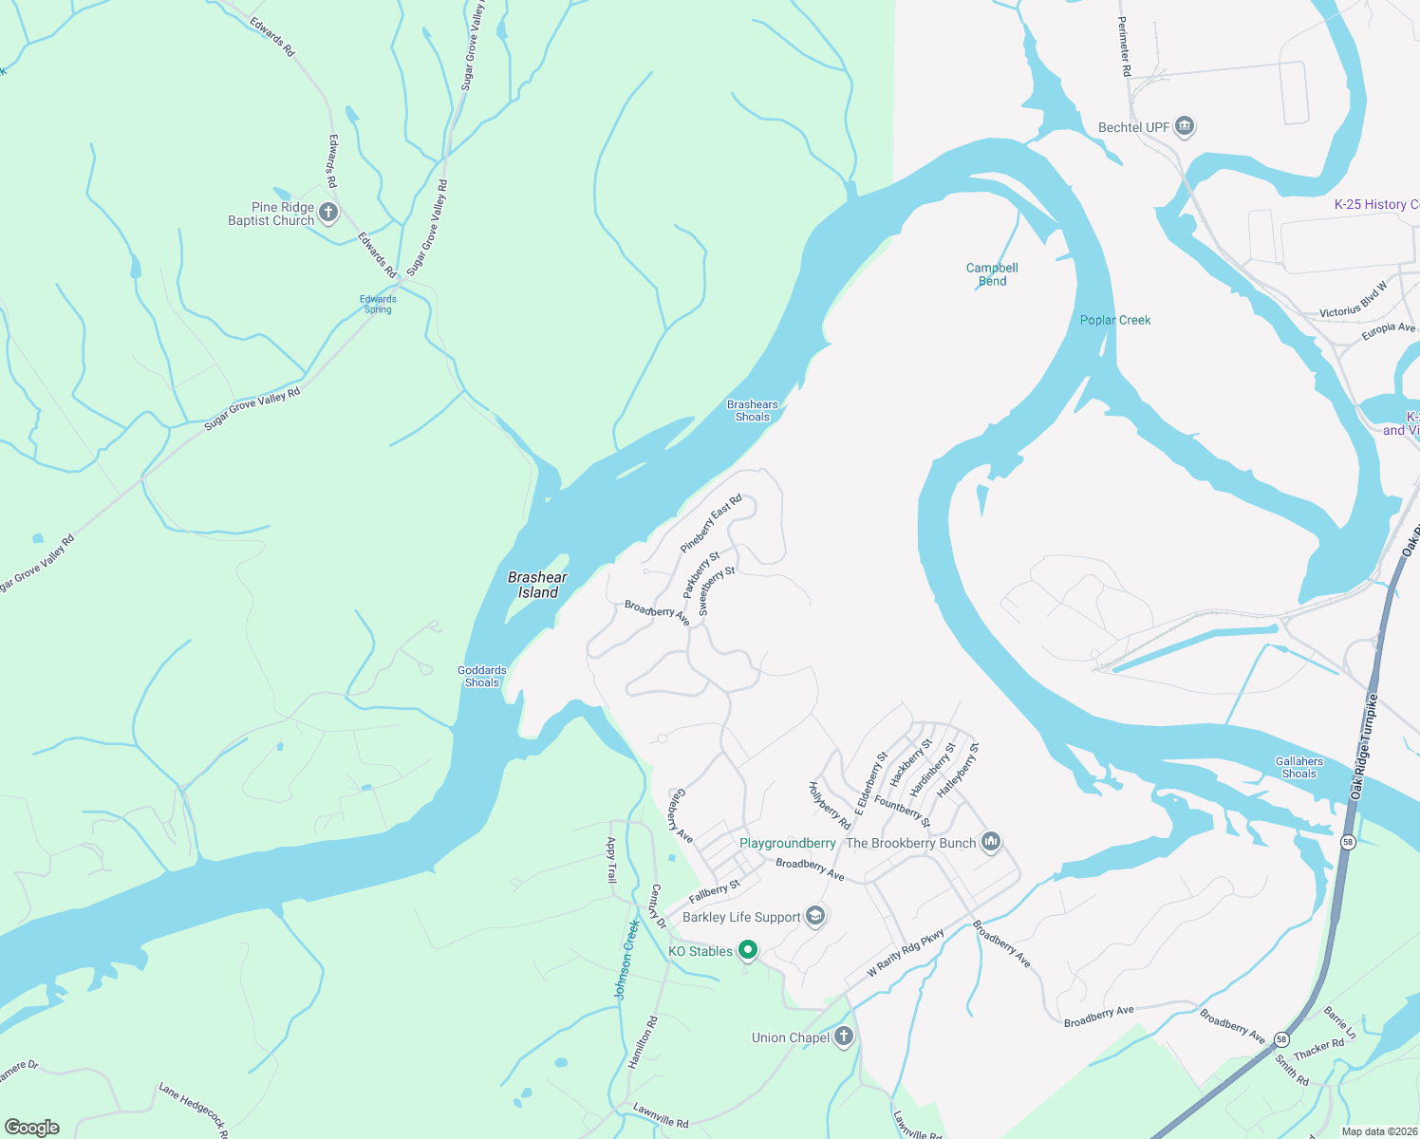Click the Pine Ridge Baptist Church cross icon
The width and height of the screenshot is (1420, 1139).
point(328,213)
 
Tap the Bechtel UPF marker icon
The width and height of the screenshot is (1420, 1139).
point(1184,126)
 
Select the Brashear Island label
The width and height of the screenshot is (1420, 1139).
point(537,585)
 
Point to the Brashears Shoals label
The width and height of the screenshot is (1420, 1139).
point(752,410)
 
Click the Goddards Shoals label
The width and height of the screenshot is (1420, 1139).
point(482,676)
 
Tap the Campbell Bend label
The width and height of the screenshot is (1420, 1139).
point(992,274)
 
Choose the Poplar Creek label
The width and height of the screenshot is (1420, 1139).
point(1115,320)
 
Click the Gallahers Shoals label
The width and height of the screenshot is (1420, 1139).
point(1299,767)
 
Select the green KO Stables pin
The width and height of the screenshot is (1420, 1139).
point(748,949)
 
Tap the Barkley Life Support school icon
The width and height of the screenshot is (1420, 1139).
point(814,916)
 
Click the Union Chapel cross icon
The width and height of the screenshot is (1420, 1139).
point(843,1037)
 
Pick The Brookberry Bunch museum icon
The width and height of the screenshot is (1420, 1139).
point(991,842)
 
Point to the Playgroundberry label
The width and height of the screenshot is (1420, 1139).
point(787,843)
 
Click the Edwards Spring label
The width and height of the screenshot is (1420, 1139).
point(378,304)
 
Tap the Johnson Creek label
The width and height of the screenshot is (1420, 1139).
point(626,959)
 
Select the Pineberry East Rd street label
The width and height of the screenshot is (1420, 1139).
point(710,524)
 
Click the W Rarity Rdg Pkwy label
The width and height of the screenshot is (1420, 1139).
point(906,953)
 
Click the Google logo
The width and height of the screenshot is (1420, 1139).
point(32,1127)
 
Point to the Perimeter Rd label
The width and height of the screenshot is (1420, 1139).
point(1124,46)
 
